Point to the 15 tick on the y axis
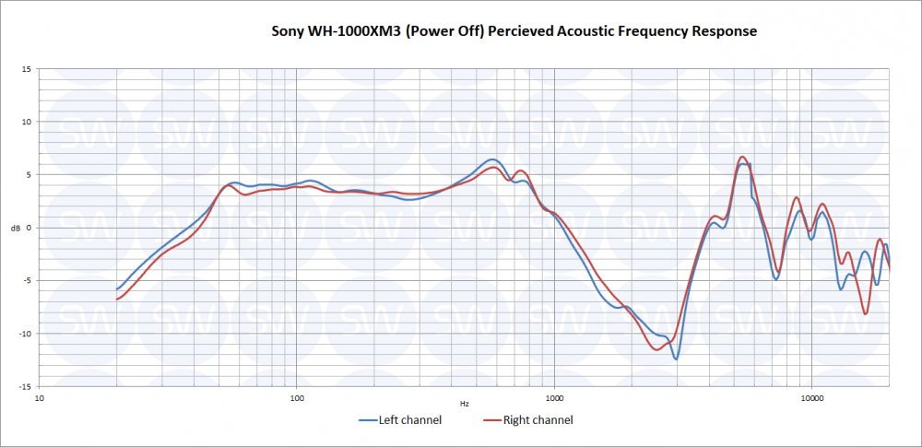tap(28, 69)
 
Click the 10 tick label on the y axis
tap(28, 122)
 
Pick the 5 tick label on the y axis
tap(30, 174)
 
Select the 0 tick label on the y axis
tap(30, 228)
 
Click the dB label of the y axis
tap(13, 228)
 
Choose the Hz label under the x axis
tap(464, 404)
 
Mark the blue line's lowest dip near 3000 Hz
tap(676, 359)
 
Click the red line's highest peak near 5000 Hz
tap(742, 157)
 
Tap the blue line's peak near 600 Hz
tap(492, 159)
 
